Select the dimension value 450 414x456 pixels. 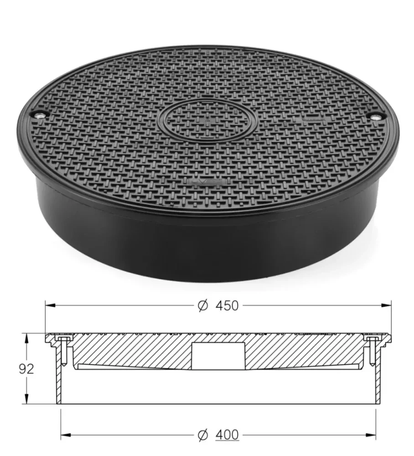click(x=225, y=306)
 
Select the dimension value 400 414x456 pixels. click(x=225, y=435)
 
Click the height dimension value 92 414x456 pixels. click(x=26, y=368)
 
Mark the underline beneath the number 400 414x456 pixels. click(x=226, y=441)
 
